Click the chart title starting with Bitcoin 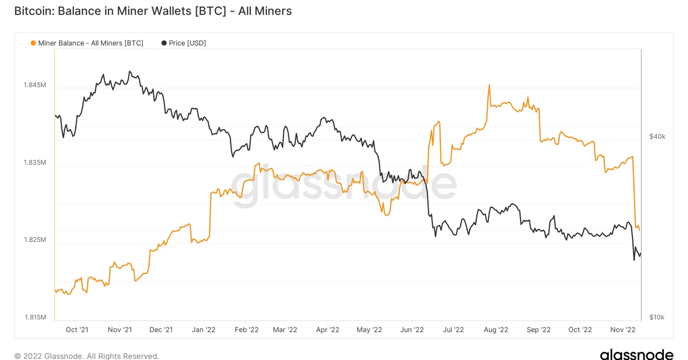[153, 11]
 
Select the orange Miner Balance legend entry [87, 43]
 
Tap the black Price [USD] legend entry [183, 43]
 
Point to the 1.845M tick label [34, 85]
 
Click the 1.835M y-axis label [34, 163]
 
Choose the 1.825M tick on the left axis [34, 240]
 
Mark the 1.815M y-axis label [34, 317]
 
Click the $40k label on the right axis [657, 136]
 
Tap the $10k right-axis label [657, 317]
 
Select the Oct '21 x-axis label [77, 330]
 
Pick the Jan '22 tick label [204, 330]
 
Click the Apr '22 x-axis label [328, 330]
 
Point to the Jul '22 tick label [454, 330]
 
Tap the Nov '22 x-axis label [623, 330]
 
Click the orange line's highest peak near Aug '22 [489, 85]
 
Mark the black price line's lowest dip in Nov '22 [634, 260]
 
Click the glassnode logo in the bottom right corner [636, 354]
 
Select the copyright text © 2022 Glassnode [87, 356]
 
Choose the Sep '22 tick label [538, 330]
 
